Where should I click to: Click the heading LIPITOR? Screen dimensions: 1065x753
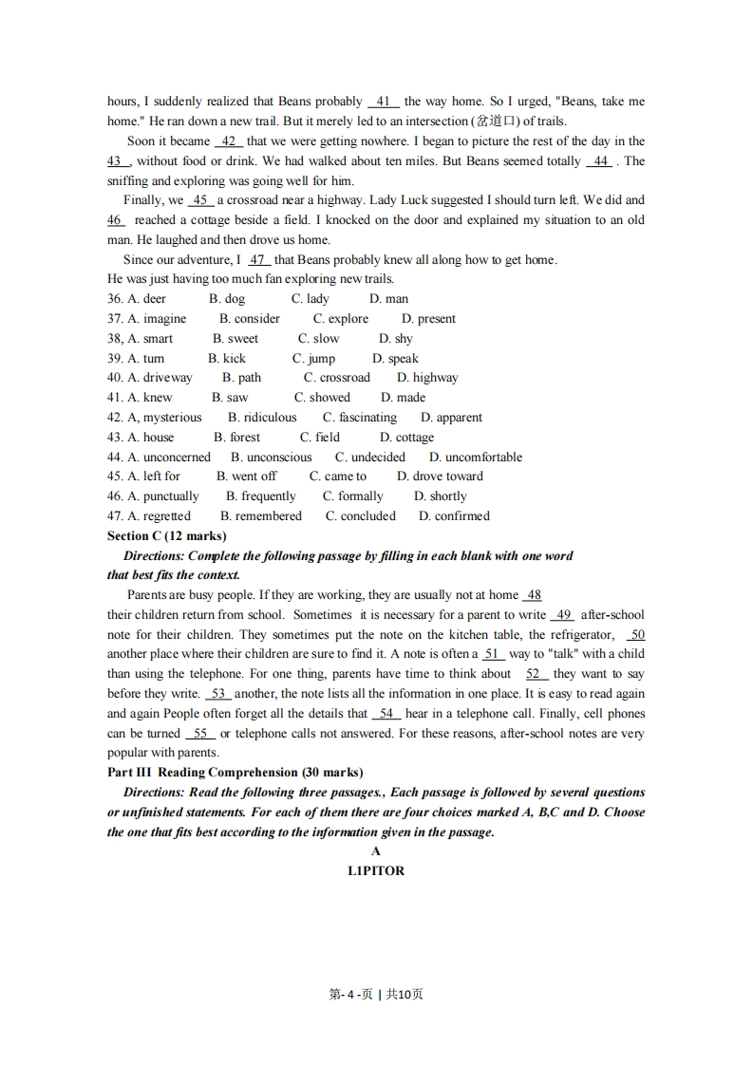(x=376, y=870)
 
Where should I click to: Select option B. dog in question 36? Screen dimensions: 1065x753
(x=227, y=298)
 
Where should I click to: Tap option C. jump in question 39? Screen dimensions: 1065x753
(x=313, y=358)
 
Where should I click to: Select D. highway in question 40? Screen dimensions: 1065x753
(x=427, y=377)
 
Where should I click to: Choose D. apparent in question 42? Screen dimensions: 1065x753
(x=451, y=417)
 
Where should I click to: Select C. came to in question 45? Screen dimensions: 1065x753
(x=337, y=476)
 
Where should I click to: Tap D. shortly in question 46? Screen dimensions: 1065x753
(x=440, y=495)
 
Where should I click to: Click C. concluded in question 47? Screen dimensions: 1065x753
(x=360, y=515)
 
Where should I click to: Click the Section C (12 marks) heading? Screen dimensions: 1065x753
(x=167, y=535)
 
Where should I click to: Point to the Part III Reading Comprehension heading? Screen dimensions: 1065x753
(x=235, y=772)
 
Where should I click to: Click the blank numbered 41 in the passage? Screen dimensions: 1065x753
(x=384, y=102)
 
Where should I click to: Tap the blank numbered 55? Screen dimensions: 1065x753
(x=199, y=733)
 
